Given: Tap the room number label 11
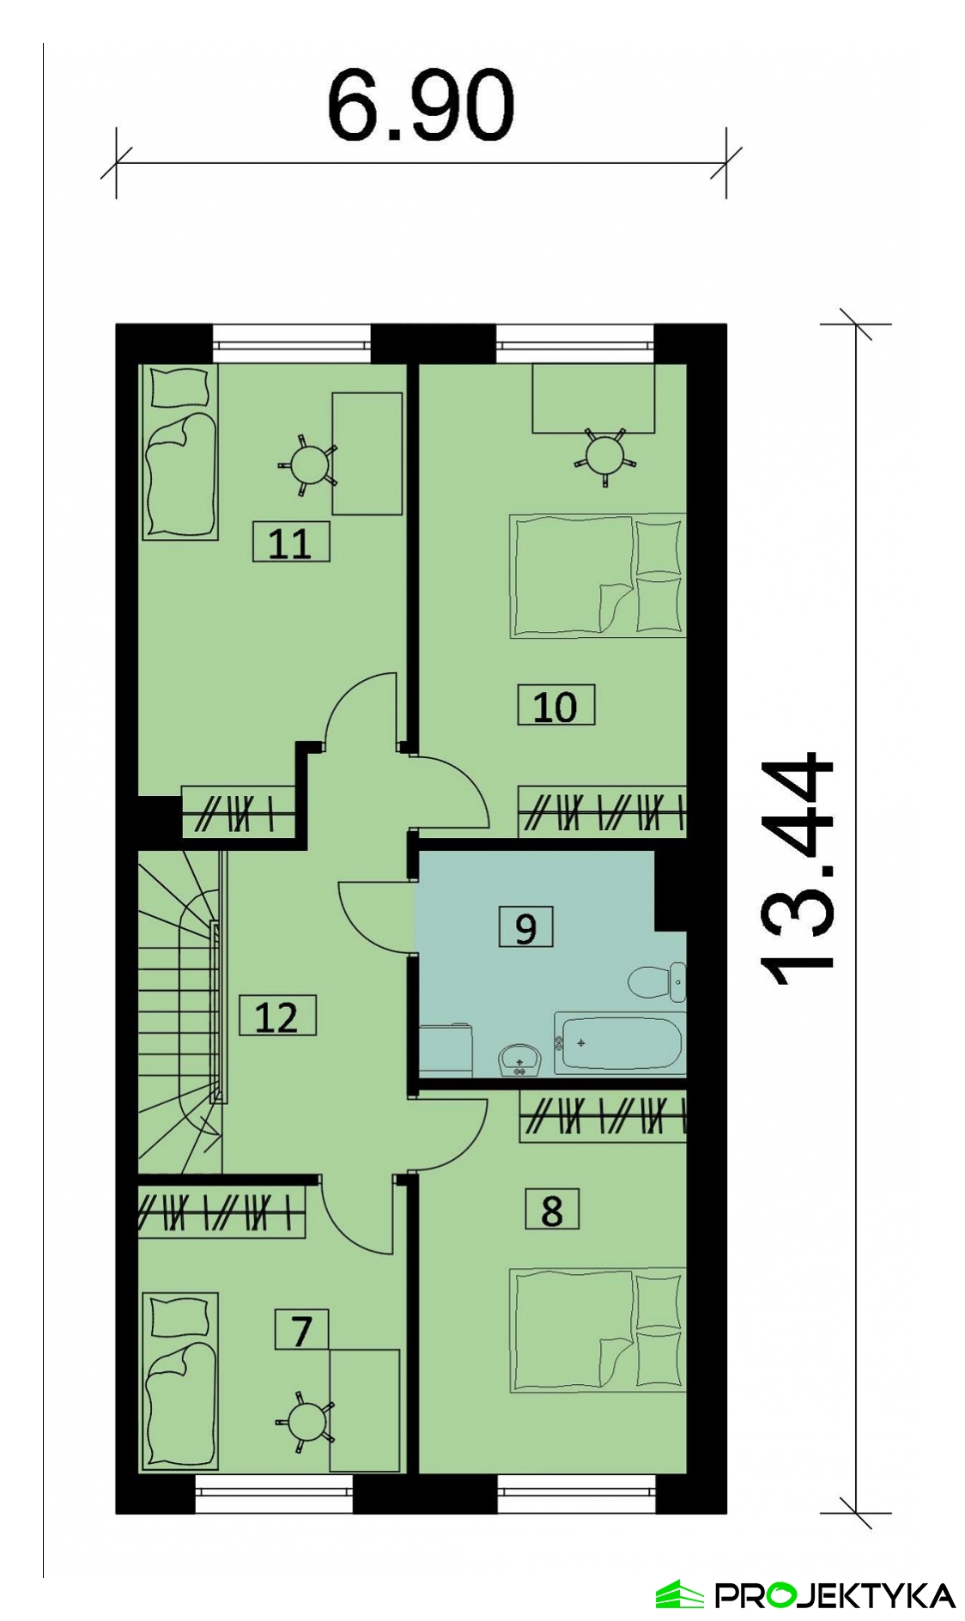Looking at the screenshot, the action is tap(290, 543).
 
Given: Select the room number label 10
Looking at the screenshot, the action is tap(555, 707).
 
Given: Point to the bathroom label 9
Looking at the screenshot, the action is tap(525, 927).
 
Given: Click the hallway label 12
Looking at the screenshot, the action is tap(277, 1017).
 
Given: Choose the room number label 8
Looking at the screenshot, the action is tap(552, 1210).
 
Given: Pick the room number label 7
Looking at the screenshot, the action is tap(301, 1330).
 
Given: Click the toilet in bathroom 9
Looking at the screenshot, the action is tap(658, 982).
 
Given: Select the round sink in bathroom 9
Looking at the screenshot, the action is tap(519, 1059).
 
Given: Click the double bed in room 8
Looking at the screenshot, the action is tap(598, 1330).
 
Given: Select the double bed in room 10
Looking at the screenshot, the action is tap(598, 575).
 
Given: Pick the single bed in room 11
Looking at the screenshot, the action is tap(179, 452).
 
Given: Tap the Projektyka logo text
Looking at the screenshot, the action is tap(835, 1595).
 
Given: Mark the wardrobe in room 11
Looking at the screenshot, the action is tap(239, 811).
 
